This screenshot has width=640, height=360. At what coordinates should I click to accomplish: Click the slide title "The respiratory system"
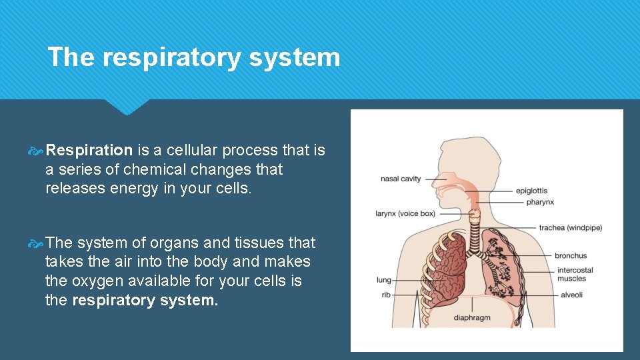click(x=193, y=57)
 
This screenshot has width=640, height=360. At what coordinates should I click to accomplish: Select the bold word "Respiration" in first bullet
click(x=89, y=151)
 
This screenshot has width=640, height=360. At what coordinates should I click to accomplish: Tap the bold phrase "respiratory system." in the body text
click(x=145, y=300)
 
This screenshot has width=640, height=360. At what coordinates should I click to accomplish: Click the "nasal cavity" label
click(x=401, y=179)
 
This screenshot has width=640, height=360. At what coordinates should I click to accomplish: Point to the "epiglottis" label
click(x=531, y=191)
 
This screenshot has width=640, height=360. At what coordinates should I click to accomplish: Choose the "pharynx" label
click(x=540, y=202)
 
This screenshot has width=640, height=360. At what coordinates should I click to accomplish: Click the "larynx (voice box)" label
click(x=405, y=214)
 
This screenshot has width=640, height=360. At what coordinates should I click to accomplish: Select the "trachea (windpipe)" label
click(x=570, y=228)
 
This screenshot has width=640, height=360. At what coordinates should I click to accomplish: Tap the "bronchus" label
click(x=571, y=255)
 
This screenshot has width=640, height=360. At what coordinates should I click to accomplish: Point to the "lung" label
click(x=383, y=280)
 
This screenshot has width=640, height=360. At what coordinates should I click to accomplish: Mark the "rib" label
click(x=386, y=295)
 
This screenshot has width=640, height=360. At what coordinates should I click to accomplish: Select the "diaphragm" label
click(x=472, y=317)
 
